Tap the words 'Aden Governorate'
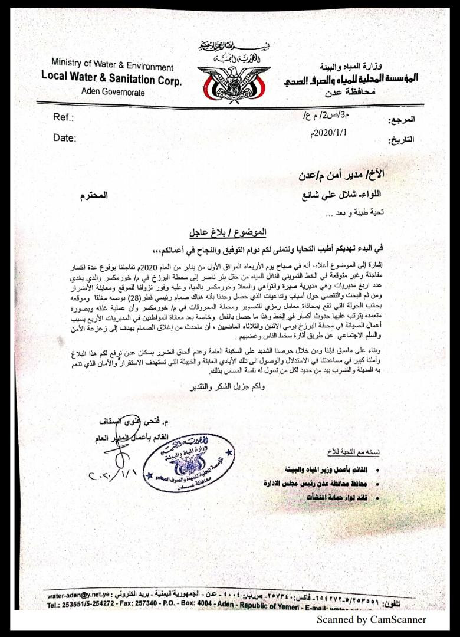(113, 92)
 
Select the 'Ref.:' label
(63, 117)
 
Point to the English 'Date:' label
(65, 138)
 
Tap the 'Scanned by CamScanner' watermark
(371, 619)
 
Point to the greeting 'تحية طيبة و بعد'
(363, 212)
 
